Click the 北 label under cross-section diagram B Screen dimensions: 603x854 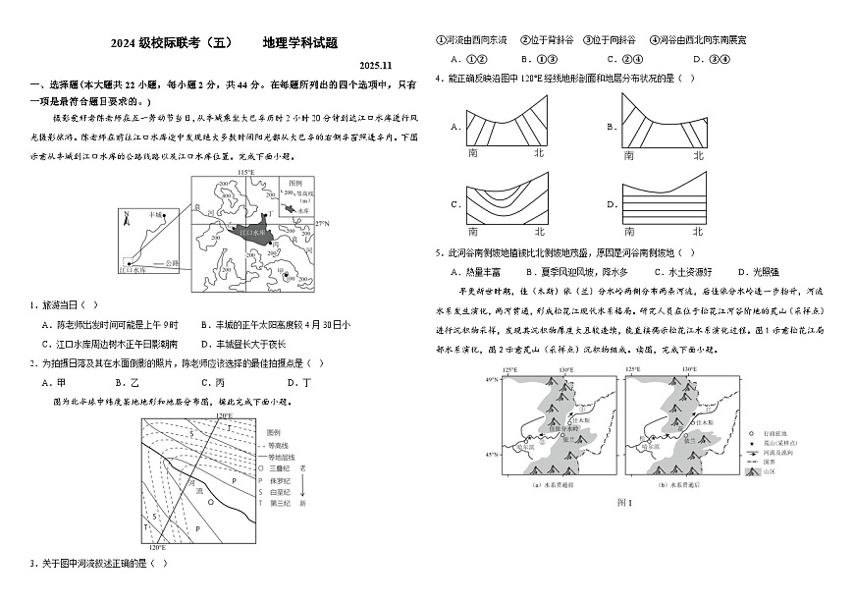699,155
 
